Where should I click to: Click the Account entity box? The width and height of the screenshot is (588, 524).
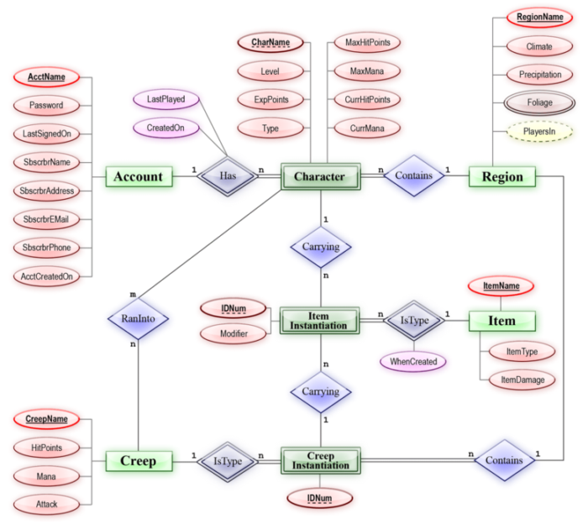[139, 176]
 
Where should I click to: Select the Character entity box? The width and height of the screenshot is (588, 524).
[320, 176]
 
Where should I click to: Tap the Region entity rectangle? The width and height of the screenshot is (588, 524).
[502, 176]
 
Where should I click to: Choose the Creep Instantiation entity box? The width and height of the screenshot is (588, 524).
[320, 460]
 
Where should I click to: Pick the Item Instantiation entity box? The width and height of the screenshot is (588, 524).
[320, 320]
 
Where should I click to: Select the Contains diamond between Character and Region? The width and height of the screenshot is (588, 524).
[413, 176]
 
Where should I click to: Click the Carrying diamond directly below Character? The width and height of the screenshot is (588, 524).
[320, 248]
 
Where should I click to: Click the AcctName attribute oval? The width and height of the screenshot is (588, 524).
[47, 76]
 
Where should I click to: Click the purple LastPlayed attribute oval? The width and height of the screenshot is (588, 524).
[165, 99]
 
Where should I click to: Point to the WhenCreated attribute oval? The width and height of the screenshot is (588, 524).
[413, 361]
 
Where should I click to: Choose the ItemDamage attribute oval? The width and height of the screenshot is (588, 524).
[522, 380]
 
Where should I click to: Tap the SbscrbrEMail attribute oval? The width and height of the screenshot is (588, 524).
[47, 219]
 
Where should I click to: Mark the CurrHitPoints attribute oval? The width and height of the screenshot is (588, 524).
[367, 100]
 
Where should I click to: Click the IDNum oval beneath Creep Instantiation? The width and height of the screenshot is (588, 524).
[320, 499]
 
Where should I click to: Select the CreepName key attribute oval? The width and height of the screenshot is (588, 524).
[47, 419]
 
